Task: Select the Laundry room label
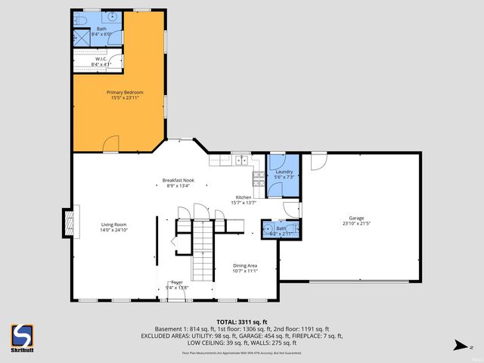284,172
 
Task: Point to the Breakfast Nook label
178,180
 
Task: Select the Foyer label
176,282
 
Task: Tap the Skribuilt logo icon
21,334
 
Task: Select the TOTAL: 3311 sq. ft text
242,321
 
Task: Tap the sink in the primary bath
113,15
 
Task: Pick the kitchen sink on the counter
242,160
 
